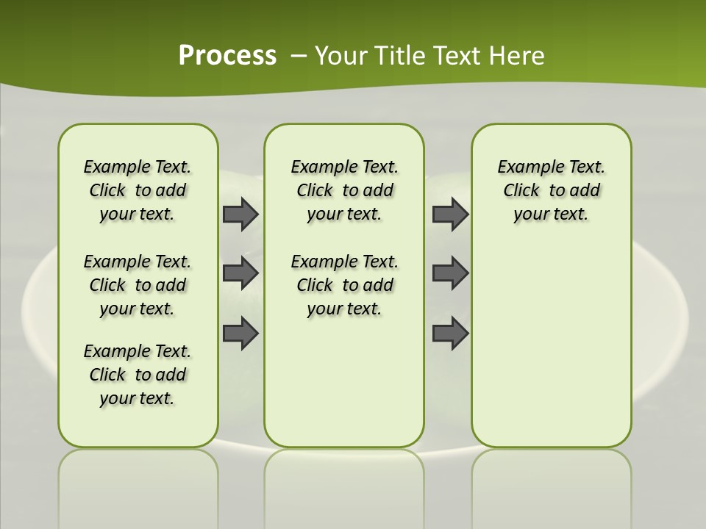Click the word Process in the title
227,56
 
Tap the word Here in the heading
518,56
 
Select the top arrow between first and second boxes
240,215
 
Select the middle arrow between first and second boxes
240,273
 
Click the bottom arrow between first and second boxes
240,333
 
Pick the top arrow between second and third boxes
450,215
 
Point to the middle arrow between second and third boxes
450,273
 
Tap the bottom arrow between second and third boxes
450,333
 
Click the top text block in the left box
138,190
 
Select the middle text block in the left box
138,285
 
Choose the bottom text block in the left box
138,375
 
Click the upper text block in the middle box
344,190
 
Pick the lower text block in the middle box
344,285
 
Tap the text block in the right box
551,190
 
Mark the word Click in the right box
521,191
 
